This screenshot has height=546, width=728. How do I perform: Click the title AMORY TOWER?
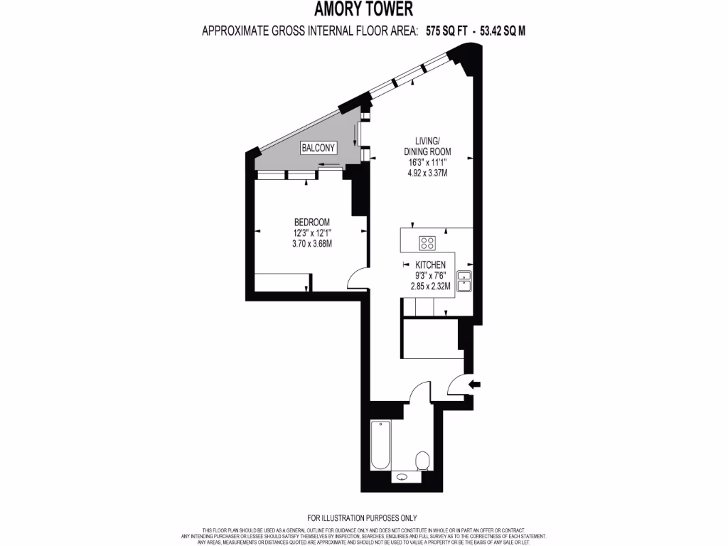pyautogui.click(x=363, y=9)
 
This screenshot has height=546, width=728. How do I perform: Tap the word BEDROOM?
pyautogui.click(x=312, y=222)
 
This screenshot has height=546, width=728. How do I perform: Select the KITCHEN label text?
pyautogui.click(x=430, y=264)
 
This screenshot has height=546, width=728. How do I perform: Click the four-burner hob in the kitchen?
pyautogui.click(x=428, y=243)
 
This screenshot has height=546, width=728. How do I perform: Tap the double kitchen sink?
pyautogui.click(x=465, y=281)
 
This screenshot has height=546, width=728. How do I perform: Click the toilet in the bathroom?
pyautogui.click(x=422, y=459)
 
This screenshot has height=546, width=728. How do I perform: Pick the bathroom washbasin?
pyautogui.click(x=404, y=478)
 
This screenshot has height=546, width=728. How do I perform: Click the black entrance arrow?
pyautogui.click(x=475, y=385)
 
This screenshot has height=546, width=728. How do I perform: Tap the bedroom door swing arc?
pyautogui.click(x=358, y=279)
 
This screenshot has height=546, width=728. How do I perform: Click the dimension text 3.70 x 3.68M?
pyautogui.click(x=312, y=243)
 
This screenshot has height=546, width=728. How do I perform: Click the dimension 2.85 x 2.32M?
pyautogui.click(x=430, y=286)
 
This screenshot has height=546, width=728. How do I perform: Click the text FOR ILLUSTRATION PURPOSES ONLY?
pyautogui.click(x=363, y=518)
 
